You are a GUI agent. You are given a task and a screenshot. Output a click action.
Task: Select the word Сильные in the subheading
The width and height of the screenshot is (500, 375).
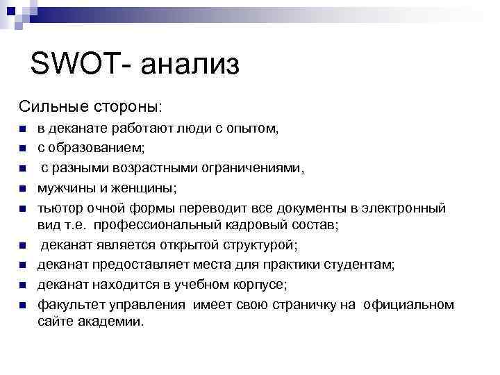click(x=52, y=108)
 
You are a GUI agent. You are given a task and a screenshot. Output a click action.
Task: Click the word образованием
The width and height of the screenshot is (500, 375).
click(x=96, y=148)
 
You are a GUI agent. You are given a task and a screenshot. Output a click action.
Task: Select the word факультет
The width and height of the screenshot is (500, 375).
click(x=72, y=304)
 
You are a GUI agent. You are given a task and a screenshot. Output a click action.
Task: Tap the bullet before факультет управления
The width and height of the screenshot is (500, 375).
click(x=22, y=305)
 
